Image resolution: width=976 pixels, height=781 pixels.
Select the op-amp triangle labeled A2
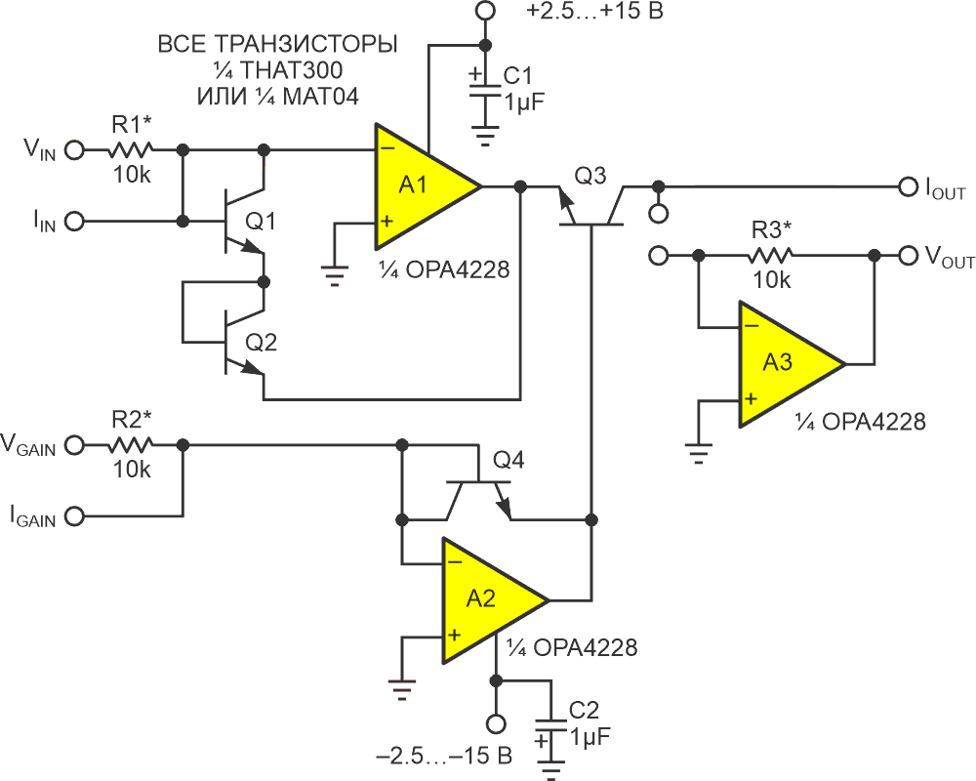click(485, 598)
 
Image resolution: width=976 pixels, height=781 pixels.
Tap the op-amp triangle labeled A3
click(782, 363)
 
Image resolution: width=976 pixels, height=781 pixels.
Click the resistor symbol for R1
click(130, 150)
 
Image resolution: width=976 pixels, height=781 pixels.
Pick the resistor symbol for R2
click(130, 444)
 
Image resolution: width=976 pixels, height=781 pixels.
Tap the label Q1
click(261, 223)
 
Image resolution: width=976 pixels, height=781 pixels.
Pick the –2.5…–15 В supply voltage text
click(445, 756)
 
